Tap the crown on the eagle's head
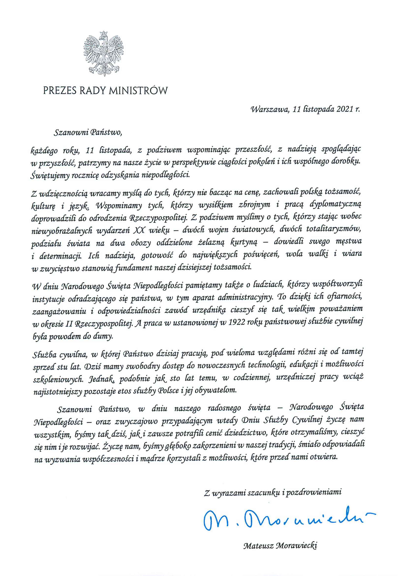click(x=103, y=33)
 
